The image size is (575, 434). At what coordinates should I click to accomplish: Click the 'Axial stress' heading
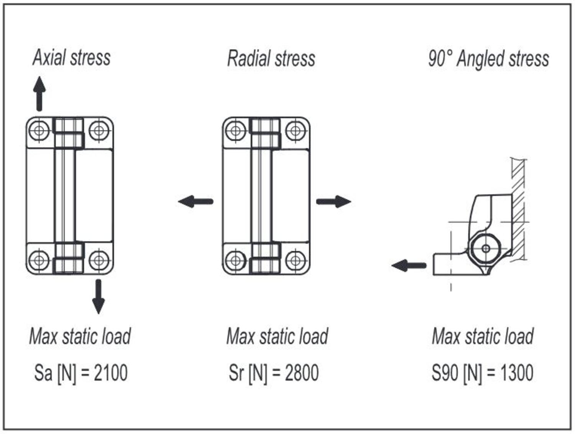click(x=72, y=58)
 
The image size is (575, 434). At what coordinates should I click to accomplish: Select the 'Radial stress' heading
click(x=271, y=59)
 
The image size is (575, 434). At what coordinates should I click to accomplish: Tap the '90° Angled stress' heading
click(x=488, y=59)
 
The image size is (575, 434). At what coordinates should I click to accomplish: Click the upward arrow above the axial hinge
click(x=39, y=94)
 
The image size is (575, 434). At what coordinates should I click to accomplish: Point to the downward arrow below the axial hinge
click(x=99, y=296)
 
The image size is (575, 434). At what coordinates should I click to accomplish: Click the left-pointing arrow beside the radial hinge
click(x=195, y=201)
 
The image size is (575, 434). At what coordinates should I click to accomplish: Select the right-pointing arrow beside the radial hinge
click(x=333, y=201)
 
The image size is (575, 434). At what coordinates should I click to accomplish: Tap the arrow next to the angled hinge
click(x=409, y=265)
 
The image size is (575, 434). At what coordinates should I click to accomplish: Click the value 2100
click(x=111, y=373)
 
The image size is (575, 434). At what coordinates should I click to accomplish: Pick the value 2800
click(x=302, y=373)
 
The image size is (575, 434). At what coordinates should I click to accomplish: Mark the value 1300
click(x=517, y=373)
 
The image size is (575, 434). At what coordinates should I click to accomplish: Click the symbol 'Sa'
click(x=43, y=373)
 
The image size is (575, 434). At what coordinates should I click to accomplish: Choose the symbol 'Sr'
click(x=236, y=373)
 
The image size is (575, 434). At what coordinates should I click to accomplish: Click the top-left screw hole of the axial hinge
click(x=39, y=130)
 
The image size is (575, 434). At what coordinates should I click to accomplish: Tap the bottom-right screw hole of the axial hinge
click(x=99, y=260)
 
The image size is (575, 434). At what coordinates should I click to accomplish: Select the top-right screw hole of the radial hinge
click(x=296, y=130)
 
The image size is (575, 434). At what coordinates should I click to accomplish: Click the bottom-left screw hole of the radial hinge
click(x=236, y=261)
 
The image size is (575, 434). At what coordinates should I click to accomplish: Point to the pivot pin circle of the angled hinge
click(x=486, y=248)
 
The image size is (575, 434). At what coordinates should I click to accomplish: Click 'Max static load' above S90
click(x=483, y=336)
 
